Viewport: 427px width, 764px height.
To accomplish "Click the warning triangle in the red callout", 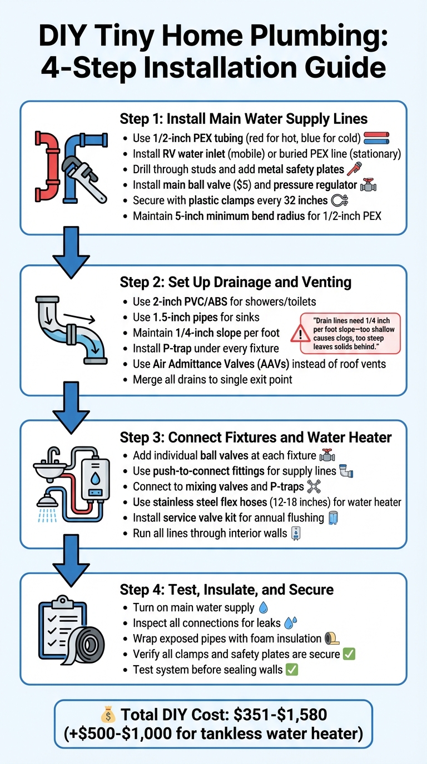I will (x=301, y=334).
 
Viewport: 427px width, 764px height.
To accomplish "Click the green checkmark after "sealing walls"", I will (x=292, y=670).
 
